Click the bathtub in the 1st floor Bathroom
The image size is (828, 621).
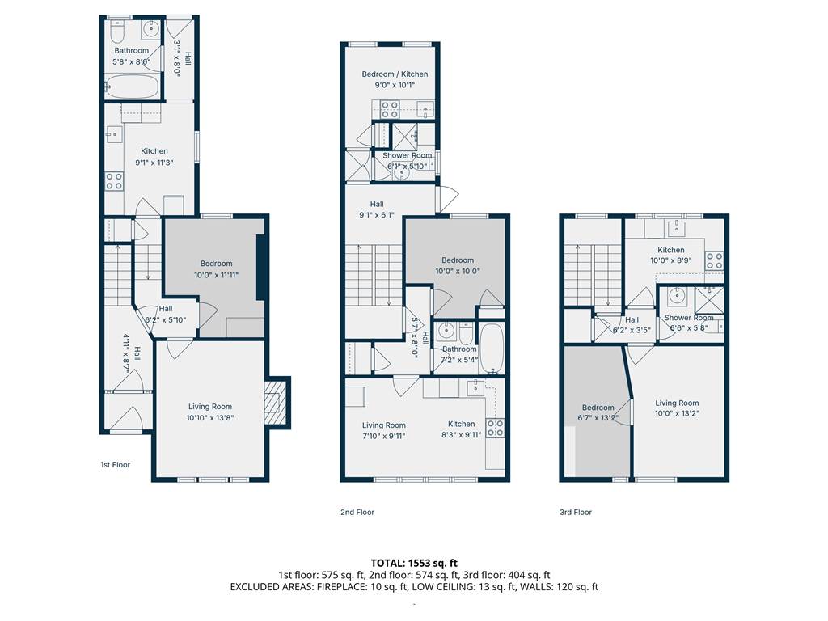click(x=132, y=86)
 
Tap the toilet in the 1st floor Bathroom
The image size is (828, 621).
click(x=116, y=32)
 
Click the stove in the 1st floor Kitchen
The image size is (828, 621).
click(x=114, y=180)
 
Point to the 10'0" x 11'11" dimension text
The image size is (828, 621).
click(x=216, y=275)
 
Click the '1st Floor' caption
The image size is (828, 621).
click(x=115, y=465)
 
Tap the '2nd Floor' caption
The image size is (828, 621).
click(x=357, y=512)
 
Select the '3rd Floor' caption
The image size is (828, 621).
click(x=576, y=512)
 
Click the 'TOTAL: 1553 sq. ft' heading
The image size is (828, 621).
click(x=414, y=563)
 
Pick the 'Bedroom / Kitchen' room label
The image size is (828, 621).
click(x=395, y=74)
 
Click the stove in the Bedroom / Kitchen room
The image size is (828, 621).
click(x=391, y=110)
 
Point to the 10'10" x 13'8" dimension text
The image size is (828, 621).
click(x=209, y=418)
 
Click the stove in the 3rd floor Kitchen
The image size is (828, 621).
click(x=715, y=261)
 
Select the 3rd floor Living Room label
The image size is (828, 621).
click(x=677, y=403)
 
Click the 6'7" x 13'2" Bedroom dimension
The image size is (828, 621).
click(x=598, y=418)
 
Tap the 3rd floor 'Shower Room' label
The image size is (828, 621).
click(x=689, y=318)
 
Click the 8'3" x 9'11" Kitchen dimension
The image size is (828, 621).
click(x=462, y=435)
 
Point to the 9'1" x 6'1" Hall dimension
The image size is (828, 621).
click(x=377, y=215)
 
